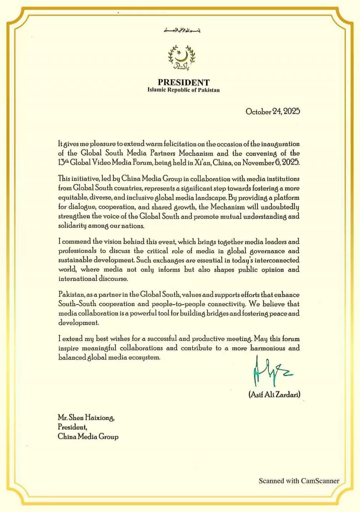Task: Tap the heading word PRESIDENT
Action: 184,82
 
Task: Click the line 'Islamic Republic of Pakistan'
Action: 184,90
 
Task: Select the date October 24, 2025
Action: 273,111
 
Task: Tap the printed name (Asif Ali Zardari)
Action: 274,394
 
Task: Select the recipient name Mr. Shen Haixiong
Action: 86,418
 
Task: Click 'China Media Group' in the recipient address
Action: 88,436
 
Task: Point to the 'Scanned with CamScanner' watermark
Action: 299,481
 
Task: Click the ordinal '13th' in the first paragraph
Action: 63,162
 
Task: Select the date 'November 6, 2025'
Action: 271,162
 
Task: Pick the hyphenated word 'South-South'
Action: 77,304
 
